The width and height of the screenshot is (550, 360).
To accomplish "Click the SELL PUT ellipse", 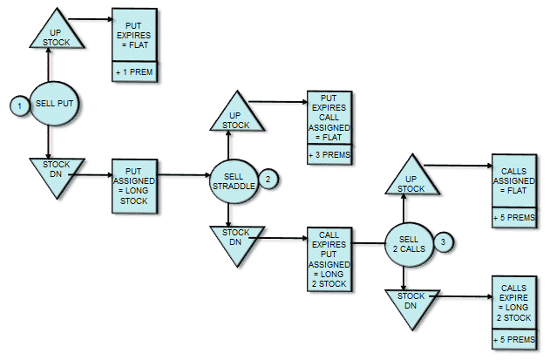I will pyautogui.click(x=52, y=104).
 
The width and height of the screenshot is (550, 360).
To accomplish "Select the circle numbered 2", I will pyautogui.click(x=268, y=180).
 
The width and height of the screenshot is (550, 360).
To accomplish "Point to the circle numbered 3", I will pyautogui.click(x=443, y=241).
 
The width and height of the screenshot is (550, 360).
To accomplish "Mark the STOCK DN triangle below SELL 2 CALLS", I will pyautogui.click(x=408, y=302).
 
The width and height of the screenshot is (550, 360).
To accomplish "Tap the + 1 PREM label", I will pyautogui.click(x=134, y=72).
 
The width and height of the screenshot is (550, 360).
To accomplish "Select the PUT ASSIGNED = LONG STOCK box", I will pyautogui.click(x=134, y=185).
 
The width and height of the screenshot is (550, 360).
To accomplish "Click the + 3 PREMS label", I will pyautogui.click(x=328, y=153).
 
